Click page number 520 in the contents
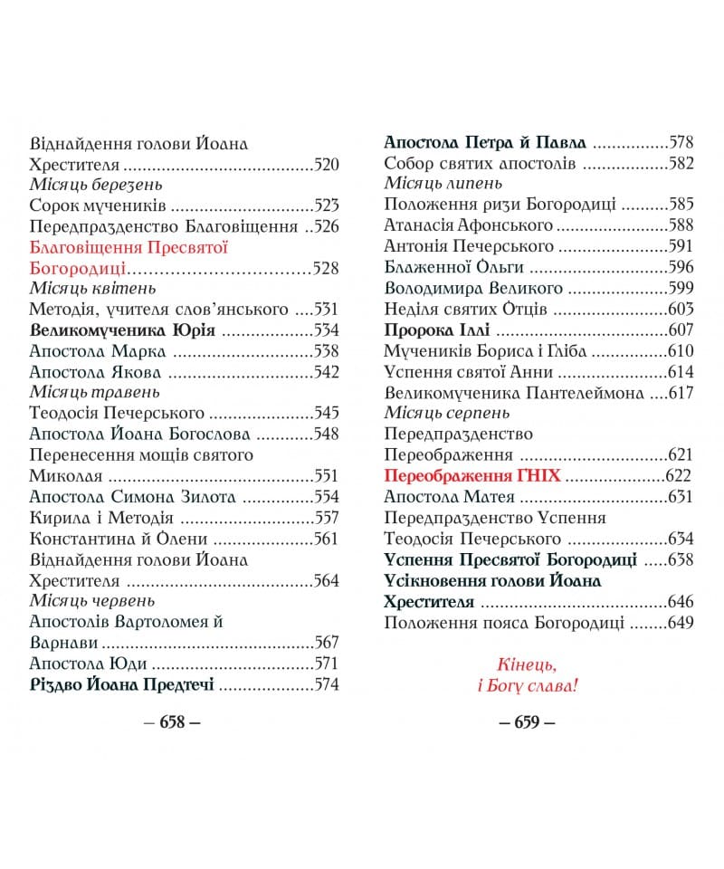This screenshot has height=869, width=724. click(325, 165)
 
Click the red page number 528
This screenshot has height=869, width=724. click(325, 268)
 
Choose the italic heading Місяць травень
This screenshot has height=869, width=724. click(94, 393)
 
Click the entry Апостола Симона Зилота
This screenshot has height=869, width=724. click(132, 497)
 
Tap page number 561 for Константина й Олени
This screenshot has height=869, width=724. click(325, 539)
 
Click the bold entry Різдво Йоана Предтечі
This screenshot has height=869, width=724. click(121, 684)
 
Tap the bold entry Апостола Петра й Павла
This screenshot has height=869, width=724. click(485, 143)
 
